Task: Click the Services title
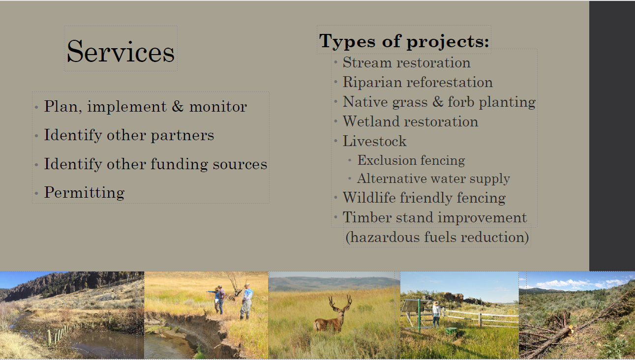(x=121, y=51)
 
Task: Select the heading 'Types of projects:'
(x=404, y=41)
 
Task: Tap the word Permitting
(x=84, y=193)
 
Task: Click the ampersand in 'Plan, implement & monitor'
(x=178, y=106)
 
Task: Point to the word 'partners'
(x=182, y=136)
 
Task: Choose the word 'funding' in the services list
(x=179, y=164)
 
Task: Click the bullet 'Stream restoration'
(x=406, y=62)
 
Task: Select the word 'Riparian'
(x=373, y=83)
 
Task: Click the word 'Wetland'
(x=371, y=121)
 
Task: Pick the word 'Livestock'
(x=374, y=141)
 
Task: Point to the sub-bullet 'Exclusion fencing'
(x=411, y=160)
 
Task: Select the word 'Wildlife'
(x=369, y=198)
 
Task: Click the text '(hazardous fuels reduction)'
(x=437, y=237)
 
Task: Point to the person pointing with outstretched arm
(x=218, y=299)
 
